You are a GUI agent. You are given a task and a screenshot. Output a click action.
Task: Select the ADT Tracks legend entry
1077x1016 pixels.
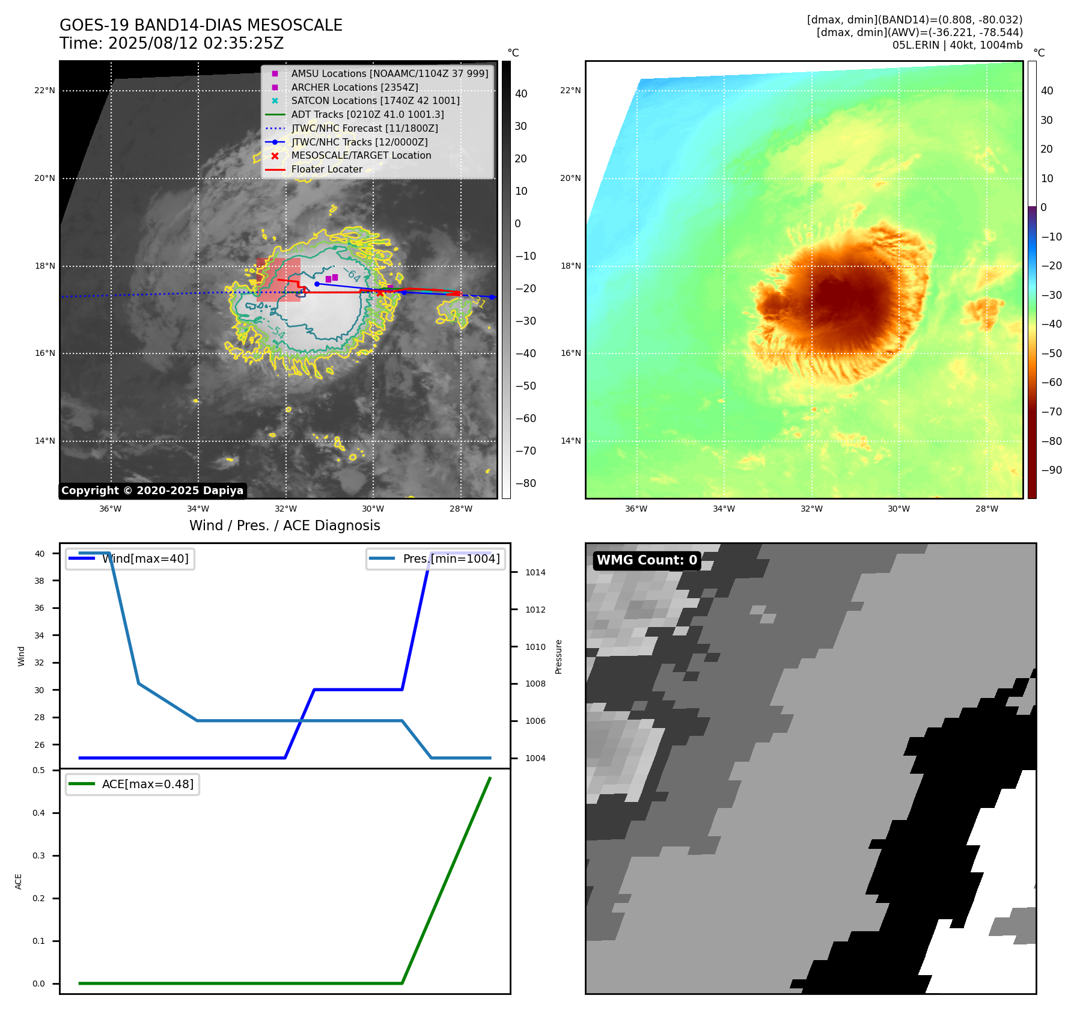coord(367,114)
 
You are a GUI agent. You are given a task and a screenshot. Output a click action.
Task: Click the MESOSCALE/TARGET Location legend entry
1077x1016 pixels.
coord(361,155)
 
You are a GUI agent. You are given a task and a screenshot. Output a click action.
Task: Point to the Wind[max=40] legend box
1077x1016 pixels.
coord(130,558)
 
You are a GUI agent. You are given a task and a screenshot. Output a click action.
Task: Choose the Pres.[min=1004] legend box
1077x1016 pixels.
coord(436,558)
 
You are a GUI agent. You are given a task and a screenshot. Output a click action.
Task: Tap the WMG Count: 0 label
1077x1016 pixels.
coord(647,560)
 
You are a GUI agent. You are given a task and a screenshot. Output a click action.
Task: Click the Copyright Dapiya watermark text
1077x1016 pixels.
coord(152,491)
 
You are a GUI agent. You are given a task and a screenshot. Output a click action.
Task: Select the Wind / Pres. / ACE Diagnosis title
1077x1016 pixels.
coord(284,525)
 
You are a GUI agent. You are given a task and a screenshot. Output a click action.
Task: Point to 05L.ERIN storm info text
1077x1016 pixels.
coord(957,45)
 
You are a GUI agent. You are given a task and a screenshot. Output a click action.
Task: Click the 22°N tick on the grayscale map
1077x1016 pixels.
coord(45,91)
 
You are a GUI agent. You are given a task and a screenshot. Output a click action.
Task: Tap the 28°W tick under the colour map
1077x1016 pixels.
coord(986,509)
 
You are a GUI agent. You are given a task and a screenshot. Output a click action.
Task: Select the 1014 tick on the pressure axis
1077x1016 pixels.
coord(535,572)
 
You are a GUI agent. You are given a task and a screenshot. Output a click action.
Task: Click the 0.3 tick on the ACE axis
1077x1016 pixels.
coord(39,855)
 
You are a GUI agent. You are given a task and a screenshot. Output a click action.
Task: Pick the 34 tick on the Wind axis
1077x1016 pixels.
coord(39,635)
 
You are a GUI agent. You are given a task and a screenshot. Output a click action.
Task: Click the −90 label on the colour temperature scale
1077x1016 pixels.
coord(1051,470)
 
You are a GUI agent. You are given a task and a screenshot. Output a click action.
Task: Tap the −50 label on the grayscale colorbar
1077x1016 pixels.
coord(525,386)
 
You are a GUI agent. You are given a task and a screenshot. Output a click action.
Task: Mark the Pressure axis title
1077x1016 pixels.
coord(558,656)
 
